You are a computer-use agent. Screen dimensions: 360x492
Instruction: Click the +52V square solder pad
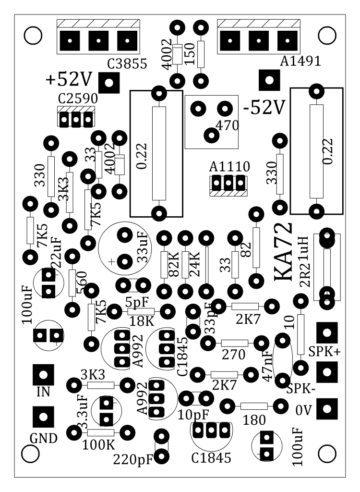(109, 83)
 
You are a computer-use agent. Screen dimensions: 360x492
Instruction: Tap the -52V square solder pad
(269, 80)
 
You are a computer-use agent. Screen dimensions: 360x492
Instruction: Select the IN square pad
(43, 375)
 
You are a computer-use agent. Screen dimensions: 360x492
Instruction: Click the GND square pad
(43, 417)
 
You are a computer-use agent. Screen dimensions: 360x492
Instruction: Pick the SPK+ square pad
(327, 332)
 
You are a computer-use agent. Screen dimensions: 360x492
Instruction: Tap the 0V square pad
(327, 409)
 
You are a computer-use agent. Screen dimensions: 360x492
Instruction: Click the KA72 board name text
(284, 253)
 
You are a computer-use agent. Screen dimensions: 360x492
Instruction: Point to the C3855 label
(127, 64)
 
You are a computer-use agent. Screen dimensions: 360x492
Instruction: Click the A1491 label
(300, 61)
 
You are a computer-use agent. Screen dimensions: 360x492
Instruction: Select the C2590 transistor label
(78, 98)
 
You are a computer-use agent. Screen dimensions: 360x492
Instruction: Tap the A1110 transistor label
(229, 167)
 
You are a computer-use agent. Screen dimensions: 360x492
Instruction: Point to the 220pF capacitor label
(133, 460)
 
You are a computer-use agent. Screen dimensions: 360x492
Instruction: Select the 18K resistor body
(141, 311)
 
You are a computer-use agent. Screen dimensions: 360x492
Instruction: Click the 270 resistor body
(235, 343)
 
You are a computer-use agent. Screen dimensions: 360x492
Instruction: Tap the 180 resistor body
(254, 406)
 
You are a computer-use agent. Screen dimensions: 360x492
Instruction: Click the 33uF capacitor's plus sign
(112, 261)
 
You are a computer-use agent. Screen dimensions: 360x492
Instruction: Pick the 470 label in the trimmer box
(228, 125)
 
